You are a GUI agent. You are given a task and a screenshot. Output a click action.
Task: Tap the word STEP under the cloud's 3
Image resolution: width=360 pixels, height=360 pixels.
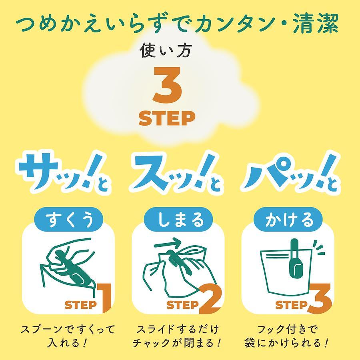pos(167,118)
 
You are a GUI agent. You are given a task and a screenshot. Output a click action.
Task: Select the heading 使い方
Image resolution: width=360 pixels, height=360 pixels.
pos(166,50)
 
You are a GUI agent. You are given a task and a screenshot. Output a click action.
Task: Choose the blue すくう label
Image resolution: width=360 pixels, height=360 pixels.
pos(69,219)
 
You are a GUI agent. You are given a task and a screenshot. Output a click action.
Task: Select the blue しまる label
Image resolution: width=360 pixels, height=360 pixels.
pos(178,219)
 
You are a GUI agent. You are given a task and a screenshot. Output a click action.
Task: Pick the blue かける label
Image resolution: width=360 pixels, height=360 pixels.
pos(288,219)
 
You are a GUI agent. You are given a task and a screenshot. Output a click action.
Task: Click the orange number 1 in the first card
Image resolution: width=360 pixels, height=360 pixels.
pos(105,298)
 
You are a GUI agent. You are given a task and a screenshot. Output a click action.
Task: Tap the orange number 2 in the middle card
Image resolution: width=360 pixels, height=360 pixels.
pos(210,299)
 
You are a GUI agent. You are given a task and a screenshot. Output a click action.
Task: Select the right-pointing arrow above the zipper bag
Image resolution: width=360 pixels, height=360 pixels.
pos(168,244)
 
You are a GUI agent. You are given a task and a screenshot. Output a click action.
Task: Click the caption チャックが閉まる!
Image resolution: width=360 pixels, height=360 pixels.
pos(176,343)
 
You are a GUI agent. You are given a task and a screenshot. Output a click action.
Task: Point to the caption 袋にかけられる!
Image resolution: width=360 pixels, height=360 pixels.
pos(286,343)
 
